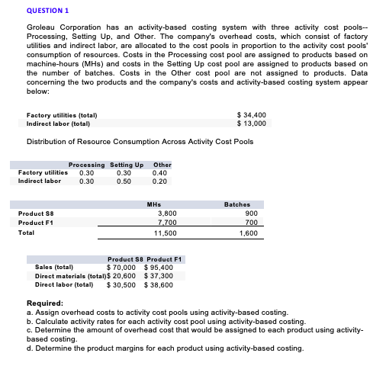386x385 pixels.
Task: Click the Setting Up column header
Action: [x=127, y=165]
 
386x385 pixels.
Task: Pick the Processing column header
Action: [x=86, y=165]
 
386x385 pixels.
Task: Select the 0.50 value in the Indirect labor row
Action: [x=124, y=181]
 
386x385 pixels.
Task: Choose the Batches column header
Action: [x=238, y=204]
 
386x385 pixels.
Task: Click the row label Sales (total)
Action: [x=54, y=268]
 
